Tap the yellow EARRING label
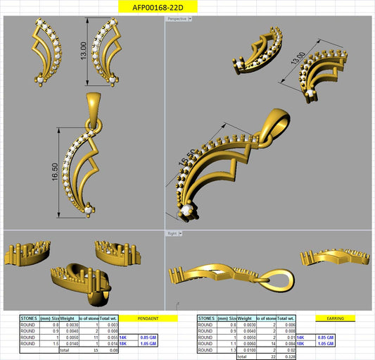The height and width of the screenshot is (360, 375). point(336,318)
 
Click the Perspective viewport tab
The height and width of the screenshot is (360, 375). point(177,18)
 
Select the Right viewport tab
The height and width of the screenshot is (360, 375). point(172,232)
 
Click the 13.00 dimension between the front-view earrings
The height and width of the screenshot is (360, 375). point(83,50)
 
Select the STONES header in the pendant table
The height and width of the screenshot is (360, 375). point(29,318)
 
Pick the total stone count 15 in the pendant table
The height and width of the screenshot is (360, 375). point(93,349)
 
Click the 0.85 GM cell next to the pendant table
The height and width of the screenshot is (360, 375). point(148,337)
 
